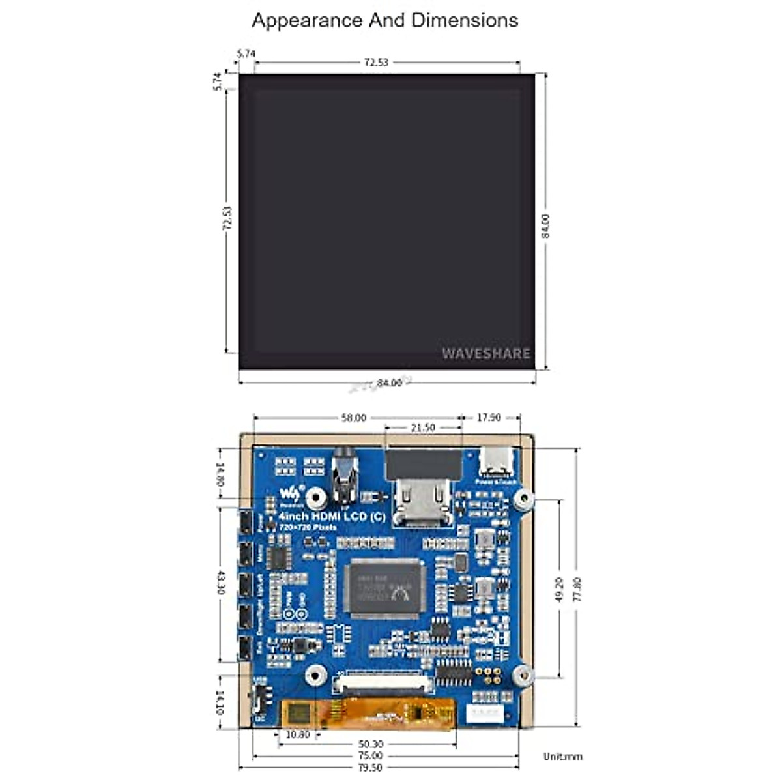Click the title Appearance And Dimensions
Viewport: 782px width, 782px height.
click(x=384, y=20)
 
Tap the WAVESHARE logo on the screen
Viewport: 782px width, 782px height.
click(x=486, y=353)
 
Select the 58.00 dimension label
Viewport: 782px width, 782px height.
click(x=354, y=418)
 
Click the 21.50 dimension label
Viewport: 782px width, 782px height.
click(x=422, y=428)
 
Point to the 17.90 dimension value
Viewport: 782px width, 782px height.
click(x=489, y=418)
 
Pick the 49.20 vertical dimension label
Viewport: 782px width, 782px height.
click(x=559, y=588)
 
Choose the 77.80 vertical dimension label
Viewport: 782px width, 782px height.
click(x=576, y=589)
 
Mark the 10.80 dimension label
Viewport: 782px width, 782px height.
click(x=297, y=734)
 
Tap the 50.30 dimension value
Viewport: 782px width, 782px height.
click(x=370, y=744)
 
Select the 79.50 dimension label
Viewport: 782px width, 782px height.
click(x=370, y=768)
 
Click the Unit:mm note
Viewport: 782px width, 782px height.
click(x=563, y=757)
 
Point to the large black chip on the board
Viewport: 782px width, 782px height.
click(x=384, y=588)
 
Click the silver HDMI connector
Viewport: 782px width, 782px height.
click(x=424, y=502)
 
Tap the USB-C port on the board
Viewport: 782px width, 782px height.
click(x=496, y=465)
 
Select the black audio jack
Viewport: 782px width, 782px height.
click(x=344, y=479)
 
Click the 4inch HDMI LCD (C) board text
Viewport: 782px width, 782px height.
click(x=332, y=517)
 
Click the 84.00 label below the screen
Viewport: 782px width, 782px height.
click(x=389, y=383)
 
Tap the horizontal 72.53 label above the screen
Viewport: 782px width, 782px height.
click(x=376, y=63)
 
